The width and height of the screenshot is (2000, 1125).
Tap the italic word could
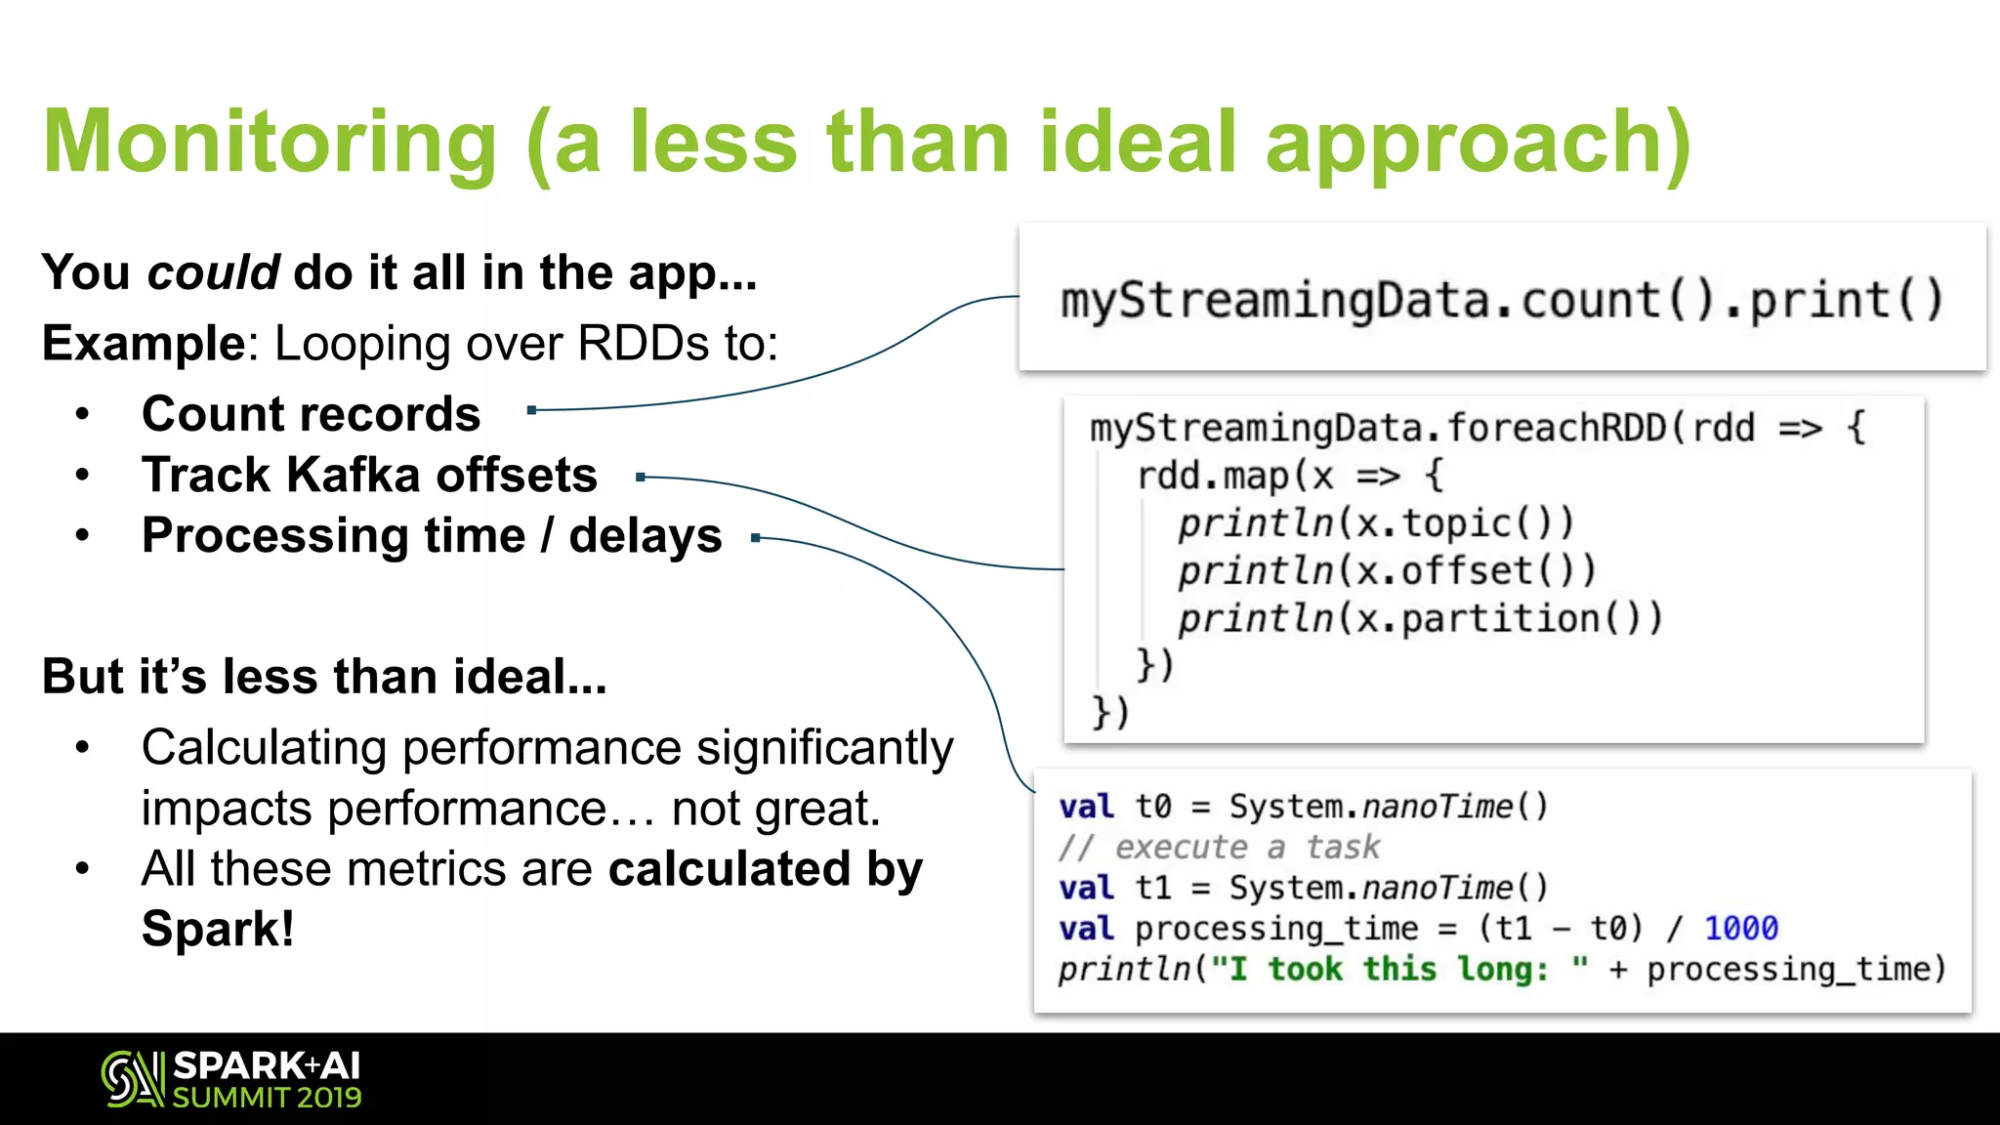point(213,272)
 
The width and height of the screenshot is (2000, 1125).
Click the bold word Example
point(144,344)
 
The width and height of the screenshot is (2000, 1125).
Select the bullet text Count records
point(311,414)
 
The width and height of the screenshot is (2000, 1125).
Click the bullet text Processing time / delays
point(432,536)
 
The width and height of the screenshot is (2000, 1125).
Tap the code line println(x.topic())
point(1375,523)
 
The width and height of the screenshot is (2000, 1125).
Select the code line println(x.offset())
point(1386,570)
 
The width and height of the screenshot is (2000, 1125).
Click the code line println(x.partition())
point(1419,618)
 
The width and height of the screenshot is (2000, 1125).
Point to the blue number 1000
point(1740,928)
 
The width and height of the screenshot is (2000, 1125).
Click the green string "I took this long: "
point(1398,969)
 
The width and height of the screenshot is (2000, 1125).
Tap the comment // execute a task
point(1219,847)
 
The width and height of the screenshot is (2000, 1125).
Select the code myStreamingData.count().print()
point(1502,300)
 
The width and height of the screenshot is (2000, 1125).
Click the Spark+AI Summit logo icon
point(133,1079)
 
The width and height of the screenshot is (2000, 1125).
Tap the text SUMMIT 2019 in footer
point(267,1098)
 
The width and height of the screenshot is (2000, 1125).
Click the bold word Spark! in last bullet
point(217,929)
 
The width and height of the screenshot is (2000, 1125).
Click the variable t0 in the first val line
point(1152,807)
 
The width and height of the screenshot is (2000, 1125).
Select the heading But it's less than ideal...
point(324,677)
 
